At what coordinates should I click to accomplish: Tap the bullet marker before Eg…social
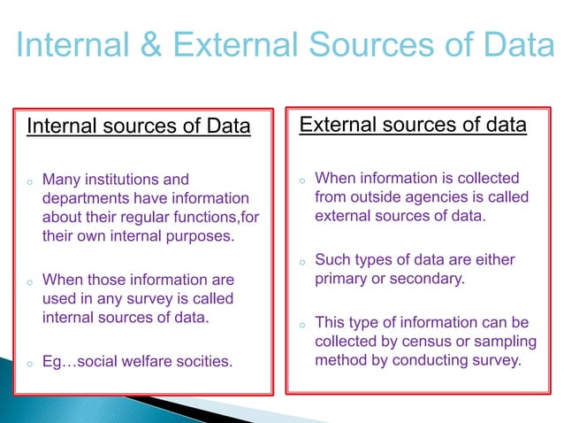coord(29,363)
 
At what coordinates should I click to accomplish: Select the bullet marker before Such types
coord(301,262)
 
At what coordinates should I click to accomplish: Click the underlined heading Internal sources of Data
coord(139,127)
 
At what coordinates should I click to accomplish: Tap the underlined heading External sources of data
coord(413,125)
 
